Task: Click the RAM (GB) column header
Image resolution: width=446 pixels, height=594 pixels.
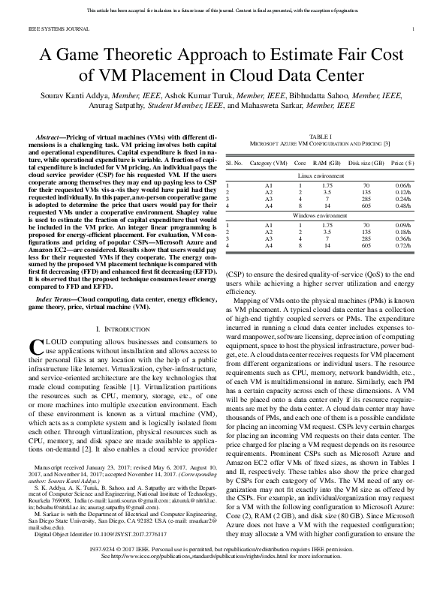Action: pyautogui.click(x=327, y=162)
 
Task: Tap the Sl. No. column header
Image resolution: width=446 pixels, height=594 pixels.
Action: pyautogui.click(x=234, y=162)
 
